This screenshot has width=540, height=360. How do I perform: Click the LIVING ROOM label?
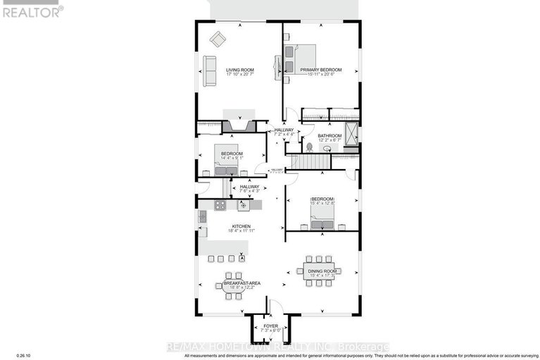coord(239,70)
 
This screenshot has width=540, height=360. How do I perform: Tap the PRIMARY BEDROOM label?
coord(320,70)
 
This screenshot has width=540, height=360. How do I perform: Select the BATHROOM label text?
coord(329,135)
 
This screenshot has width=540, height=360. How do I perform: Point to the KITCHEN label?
coord(239,226)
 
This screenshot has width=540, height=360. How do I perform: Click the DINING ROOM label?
coord(322,271)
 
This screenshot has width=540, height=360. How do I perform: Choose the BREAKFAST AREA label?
coord(242,283)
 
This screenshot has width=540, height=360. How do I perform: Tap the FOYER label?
coord(271,326)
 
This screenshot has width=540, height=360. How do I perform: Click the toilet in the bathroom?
coord(308,147)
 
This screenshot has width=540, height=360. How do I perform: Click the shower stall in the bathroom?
coord(351,133)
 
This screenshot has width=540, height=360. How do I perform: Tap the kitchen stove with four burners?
coord(220,206)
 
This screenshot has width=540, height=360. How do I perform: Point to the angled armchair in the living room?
coord(218,39)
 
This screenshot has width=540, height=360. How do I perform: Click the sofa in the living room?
coord(209,71)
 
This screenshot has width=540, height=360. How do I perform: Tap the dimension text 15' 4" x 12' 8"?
coord(322,204)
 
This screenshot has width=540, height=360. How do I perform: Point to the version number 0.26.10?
coord(14,354)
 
